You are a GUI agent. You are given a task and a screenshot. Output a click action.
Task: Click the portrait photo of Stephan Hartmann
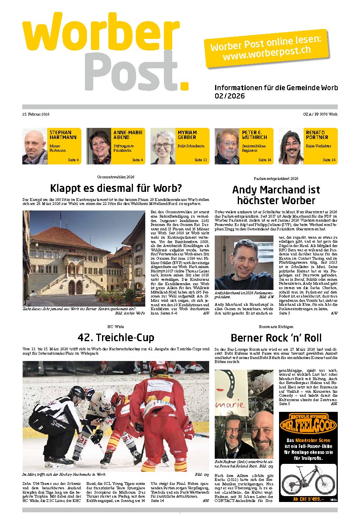(35, 146)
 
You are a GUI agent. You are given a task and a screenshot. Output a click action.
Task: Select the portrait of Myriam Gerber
(163, 146)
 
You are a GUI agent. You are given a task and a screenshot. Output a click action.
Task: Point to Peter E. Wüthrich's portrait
(227, 146)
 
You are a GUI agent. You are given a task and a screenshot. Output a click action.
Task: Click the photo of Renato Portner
(291, 146)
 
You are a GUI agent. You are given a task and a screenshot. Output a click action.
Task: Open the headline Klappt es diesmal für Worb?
(116, 188)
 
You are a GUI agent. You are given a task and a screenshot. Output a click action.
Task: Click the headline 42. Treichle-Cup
(116, 338)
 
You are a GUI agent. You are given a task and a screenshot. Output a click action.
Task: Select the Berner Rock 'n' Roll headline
(276, 338)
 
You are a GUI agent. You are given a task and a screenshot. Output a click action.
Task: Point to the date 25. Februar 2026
(36, 114)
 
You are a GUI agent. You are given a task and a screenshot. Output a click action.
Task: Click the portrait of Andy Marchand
(244, 263)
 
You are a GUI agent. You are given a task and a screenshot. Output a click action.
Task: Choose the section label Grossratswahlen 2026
(116, 177)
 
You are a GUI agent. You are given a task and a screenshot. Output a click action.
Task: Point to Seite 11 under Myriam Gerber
(201, 160)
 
